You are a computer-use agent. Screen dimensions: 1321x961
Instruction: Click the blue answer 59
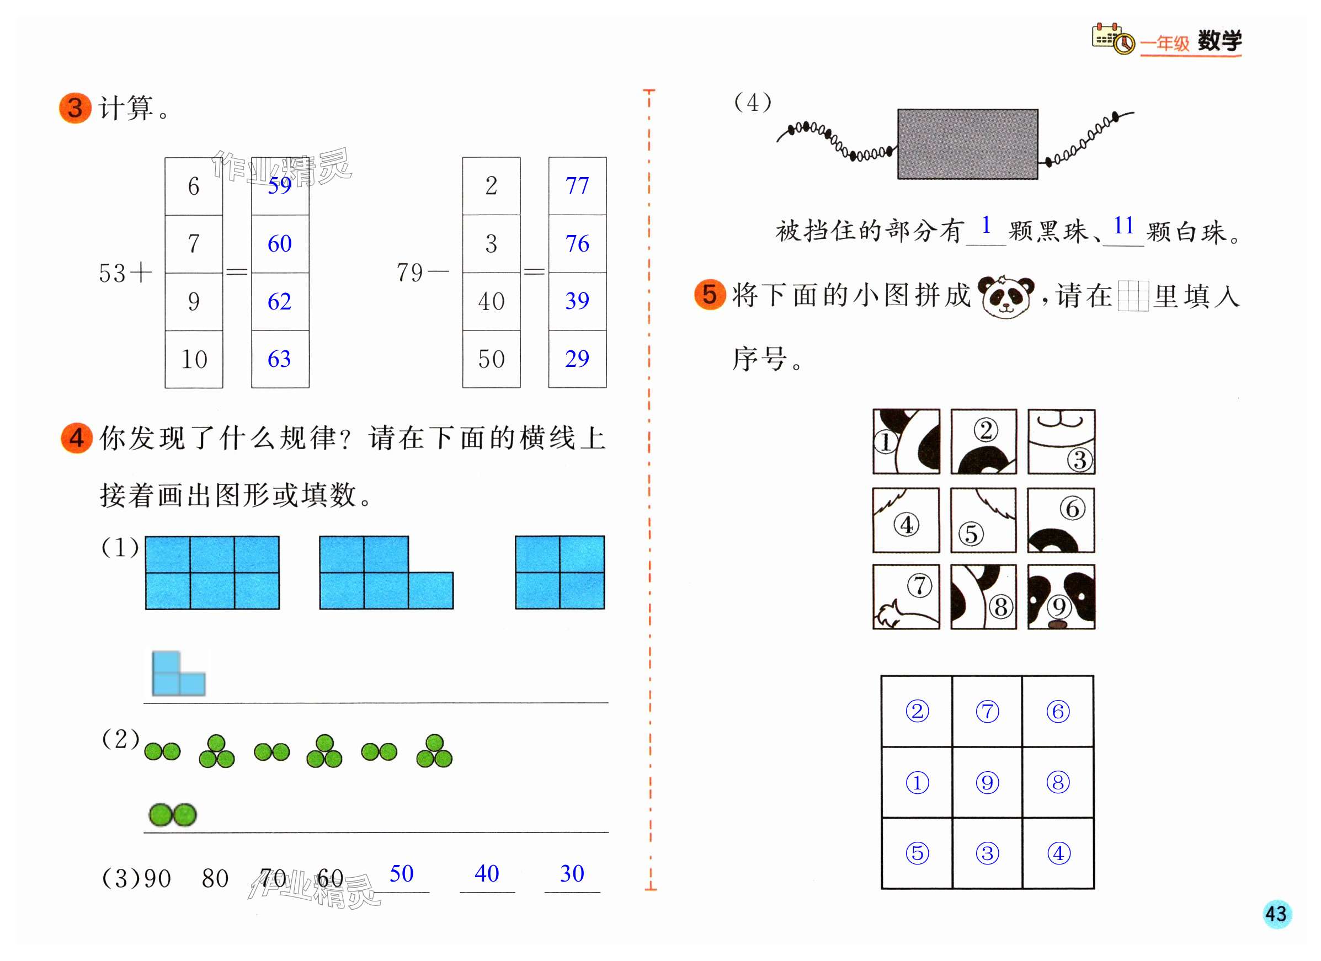(x=280, y=186)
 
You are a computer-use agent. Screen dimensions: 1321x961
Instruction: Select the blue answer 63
(x=280, y=359)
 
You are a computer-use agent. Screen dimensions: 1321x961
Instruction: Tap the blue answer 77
(x=577, y=186)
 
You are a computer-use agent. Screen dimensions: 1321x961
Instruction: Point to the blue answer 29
(x=577, y=359)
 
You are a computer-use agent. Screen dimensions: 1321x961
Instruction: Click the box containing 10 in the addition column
(x=194, y=359)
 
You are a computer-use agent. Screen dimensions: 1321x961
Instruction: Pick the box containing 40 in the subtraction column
(x=491, y=301)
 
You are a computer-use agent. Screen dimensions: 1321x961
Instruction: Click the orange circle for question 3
(x=75, y=108)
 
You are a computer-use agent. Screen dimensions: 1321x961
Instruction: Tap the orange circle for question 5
(x=710, y=295)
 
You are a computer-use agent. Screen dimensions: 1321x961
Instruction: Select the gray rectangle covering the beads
(x=967, y=144)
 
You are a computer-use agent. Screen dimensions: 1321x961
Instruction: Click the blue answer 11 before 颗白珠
(x=1123, y=226)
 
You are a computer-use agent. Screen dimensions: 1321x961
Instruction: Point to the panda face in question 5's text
(x=1006, y=296)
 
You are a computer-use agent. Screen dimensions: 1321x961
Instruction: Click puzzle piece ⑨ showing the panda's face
(x=1061, y=596)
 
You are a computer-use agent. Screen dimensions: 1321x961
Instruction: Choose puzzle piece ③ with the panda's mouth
(x=1061, y=441)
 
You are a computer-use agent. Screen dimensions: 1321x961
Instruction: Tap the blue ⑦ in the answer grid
(x=987, y=712)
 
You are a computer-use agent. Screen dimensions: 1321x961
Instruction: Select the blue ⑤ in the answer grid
(x=917, y=853)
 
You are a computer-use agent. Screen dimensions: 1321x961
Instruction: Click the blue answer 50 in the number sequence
(x=401, y=874)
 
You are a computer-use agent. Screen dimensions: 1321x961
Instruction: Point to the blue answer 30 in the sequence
(x=572, y=874)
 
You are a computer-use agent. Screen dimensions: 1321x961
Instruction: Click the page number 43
(x=1276, y=913)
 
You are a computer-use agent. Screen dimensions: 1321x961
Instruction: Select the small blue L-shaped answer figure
(x=178, y=674)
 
